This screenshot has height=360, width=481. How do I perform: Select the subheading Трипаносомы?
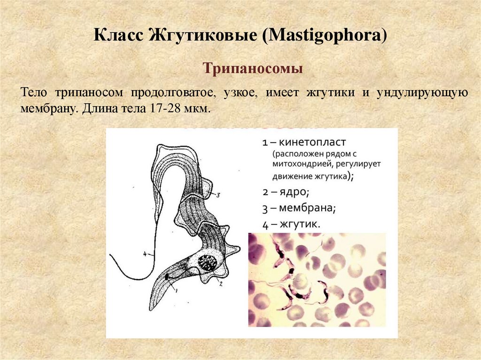(x=253, y=69)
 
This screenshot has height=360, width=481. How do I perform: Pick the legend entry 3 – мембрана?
(x=299, y=208)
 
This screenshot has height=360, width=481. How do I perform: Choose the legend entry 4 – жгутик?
(x=292, y=224)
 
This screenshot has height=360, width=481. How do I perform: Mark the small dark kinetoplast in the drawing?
(x=167, y=277)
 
